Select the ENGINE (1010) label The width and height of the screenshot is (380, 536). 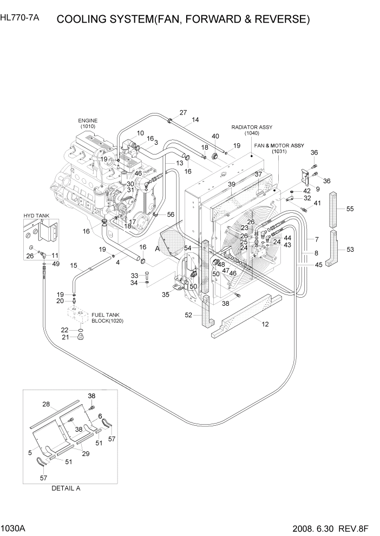tap(87, 123)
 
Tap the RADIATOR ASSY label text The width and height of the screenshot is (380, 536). tap(252, 127)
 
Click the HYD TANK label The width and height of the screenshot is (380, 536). tap(36, 216)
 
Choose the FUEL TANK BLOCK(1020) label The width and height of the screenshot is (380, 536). tap(105, 318)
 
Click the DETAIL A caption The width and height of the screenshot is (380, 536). tap(65, 488)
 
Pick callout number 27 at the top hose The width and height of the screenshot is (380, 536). tap(183, 113)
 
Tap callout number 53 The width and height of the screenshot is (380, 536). tap(350, 249)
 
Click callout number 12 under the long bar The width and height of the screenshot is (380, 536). tap(265, 324)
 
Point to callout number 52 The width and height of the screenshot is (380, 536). tap(188, 316)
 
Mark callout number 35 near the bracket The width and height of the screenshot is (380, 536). tap(166, 294)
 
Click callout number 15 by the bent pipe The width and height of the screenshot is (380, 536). tap(74, 265)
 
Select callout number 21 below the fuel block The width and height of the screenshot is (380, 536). tap(64, 337)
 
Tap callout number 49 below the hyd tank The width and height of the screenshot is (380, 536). tap(54, 264)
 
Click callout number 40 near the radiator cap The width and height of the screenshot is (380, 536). tap(215, 136)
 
